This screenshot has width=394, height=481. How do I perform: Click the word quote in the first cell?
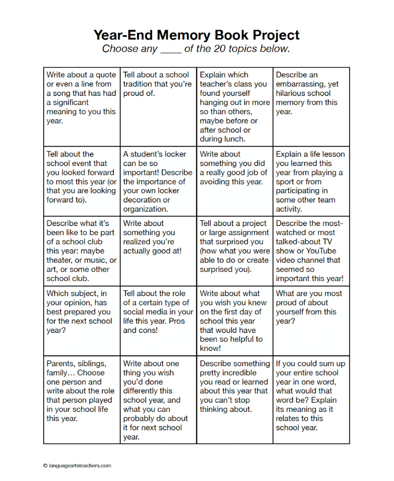[x=104, y=75]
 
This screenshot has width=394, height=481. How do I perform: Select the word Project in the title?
[x=276, y=35]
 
